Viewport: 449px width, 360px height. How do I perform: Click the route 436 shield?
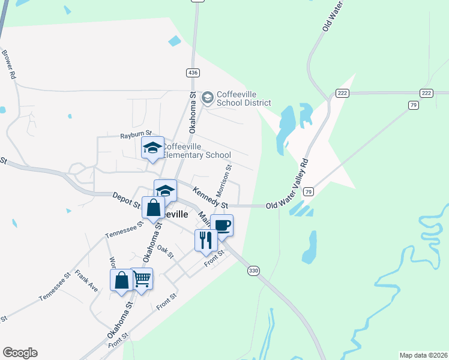[x=192, y=73]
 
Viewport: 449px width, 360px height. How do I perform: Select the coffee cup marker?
[x=221, y=226]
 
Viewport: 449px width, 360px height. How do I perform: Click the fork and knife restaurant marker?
[x=206, y=240]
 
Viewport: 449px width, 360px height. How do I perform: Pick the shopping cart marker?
[x=142, y=278]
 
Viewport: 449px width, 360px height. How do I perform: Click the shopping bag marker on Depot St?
[x=153, y=208]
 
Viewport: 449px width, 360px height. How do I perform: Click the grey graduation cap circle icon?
[x=208, y=97]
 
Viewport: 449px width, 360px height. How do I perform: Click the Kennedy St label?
[x=211, y=198]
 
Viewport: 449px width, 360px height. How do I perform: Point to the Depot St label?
[x=127, y=200]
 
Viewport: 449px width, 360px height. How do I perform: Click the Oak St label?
[x=166, y=251]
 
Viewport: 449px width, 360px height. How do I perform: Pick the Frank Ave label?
[x=86, y=280]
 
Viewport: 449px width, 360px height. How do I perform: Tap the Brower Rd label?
[x=8, y=65]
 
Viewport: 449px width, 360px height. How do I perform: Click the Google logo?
[x=20, y=353]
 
